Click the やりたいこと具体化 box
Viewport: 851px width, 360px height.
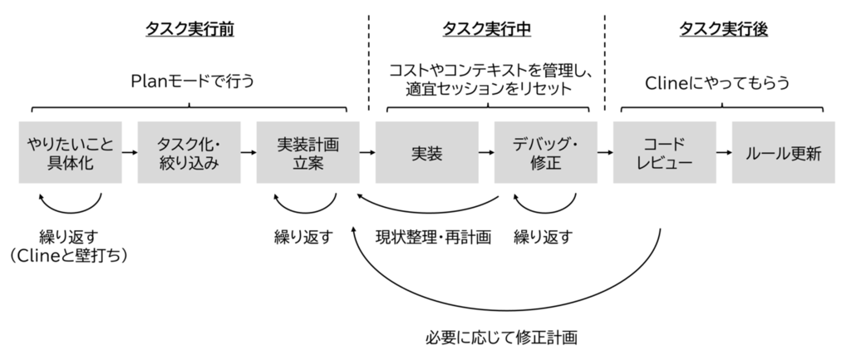click(x=70, y=153)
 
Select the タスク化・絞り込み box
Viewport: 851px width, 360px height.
click(x=189, y=153)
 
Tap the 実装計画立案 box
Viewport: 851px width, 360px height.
click(x=307, y=153)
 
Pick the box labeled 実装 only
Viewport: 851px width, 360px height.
click(x=426, y=153)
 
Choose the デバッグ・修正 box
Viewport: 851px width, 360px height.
click(x=545, y=153)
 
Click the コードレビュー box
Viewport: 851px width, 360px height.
click(x=664, y=153)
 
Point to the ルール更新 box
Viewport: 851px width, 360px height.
click(x=783, y=153)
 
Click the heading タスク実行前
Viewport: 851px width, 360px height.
click(x=189, y=29)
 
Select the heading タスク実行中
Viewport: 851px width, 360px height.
click(x=486, y=29)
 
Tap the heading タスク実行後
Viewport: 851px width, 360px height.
click(x=724, y=29)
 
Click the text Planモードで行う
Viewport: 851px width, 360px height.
click(x=193, y=81)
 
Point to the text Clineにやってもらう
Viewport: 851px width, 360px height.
click(x=717, y=82)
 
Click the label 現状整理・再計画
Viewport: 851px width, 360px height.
click(x=434, y=237)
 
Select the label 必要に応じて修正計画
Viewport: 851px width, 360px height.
click(x=501, y=338)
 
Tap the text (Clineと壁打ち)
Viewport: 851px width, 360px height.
click(x=69, y=255)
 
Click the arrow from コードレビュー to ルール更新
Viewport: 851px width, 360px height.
click(x=724, y=153)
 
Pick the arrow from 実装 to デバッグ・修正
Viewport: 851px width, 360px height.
click(x=486, y=153)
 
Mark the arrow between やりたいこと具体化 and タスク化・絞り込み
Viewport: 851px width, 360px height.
click(x=130, y=153)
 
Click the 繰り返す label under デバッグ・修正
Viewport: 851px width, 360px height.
click(x=544, y=237)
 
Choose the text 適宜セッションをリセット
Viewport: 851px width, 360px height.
click(x=489, y=88)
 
